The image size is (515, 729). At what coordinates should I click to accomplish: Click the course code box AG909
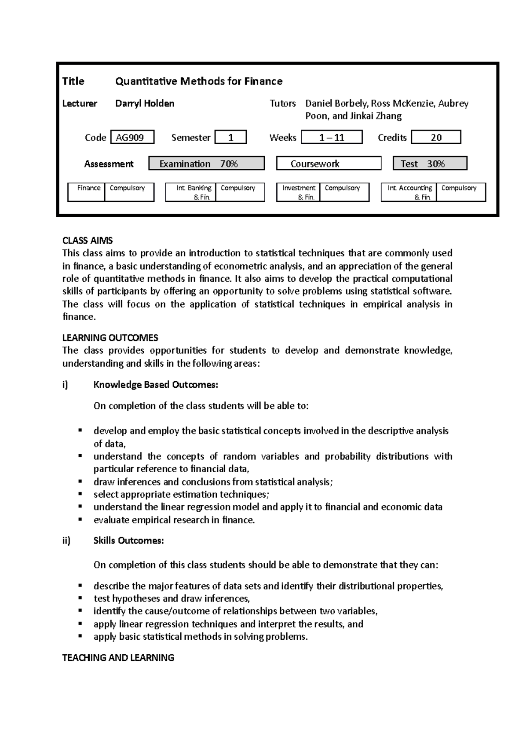132,137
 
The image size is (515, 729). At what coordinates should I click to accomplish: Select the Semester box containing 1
230,137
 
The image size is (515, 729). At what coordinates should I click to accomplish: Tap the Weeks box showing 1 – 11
332,137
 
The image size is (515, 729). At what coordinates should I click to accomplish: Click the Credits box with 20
436,137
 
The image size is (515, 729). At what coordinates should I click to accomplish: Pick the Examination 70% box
206,164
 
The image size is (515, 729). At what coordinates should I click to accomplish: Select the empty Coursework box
329,164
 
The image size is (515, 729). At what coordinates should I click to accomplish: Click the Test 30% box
430,164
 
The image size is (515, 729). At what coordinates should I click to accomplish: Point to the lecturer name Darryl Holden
145,103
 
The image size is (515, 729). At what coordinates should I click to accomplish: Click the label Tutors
282,103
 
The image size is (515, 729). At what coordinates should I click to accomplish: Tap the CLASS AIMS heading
88,240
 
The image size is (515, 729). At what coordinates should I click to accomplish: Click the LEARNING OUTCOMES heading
110,338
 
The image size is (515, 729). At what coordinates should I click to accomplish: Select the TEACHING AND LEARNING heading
118,658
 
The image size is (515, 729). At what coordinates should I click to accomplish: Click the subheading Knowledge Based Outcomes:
156,385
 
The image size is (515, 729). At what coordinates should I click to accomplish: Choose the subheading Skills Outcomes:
129,541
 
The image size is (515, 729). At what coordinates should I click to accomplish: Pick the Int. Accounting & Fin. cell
409,192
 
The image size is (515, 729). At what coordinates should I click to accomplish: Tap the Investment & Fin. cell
298,192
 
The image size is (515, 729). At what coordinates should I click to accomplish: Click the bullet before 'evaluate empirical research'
80,519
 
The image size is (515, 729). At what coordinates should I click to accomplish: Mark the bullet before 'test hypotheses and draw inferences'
80,598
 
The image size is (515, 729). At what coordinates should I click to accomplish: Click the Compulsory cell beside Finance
129,192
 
